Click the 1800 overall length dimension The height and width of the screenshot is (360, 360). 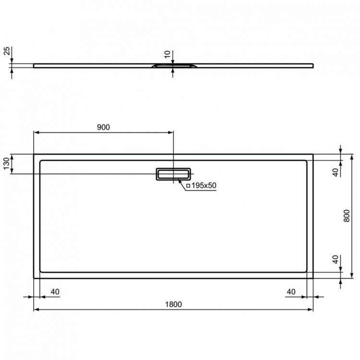173,304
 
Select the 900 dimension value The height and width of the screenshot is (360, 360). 104,127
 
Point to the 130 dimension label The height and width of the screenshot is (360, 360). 7,164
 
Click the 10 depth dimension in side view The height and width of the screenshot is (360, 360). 167,55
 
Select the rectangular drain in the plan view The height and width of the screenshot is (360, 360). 173,174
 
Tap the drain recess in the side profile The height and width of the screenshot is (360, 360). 173,65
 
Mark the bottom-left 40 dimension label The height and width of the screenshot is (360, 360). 55,291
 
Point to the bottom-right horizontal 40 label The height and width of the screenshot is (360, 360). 291,291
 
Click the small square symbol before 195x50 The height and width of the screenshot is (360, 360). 188,185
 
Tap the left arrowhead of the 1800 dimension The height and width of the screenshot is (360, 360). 35,310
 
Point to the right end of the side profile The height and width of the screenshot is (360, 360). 312,65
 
